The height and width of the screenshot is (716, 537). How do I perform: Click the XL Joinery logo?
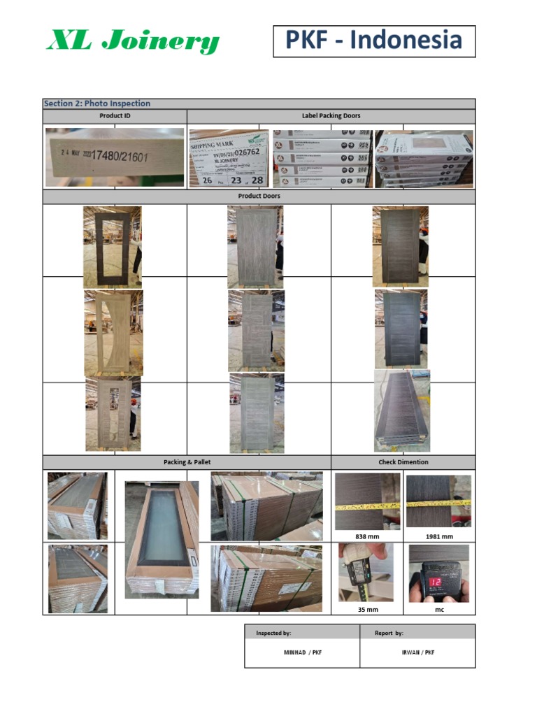point(133,42)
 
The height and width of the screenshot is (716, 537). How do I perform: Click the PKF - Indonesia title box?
point(374,41)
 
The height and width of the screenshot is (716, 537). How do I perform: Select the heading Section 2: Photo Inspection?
point(97,103)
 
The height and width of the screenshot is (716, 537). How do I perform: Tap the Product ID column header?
point(115,116)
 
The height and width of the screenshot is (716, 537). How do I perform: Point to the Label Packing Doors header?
point(331,116)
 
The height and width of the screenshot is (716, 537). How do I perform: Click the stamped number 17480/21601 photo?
point(115,157)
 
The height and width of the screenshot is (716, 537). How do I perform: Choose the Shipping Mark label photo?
point(229,158)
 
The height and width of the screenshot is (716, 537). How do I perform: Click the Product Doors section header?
point(259,196)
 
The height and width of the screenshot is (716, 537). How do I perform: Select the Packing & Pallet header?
point(187,462)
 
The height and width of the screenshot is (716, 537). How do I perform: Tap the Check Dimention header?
point(403,462)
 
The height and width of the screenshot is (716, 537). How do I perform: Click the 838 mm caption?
point(367,536)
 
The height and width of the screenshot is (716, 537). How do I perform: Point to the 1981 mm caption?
point(439,536)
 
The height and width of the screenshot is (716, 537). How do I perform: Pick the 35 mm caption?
point(367,609)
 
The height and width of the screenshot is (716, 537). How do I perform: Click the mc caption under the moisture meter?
point(439,609)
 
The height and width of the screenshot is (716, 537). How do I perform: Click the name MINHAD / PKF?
point(301,652)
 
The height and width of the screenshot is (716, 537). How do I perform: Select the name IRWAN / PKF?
point(417,652)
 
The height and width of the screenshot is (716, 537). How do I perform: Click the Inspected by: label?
point(273,633)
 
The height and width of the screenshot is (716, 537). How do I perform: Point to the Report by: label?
point(389,633)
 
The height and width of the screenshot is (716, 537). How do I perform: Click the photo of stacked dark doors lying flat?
point(402,410)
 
